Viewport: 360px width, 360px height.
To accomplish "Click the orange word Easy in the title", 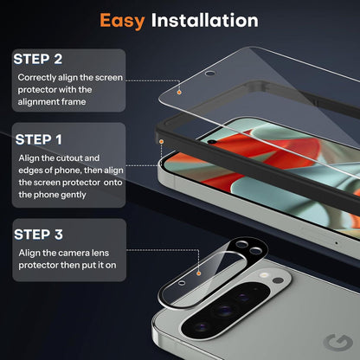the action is (122, 22).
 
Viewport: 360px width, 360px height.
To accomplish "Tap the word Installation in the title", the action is (205, 20).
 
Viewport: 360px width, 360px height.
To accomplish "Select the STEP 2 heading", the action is (38, 59).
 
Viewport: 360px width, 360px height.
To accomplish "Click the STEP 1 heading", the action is (39, 139).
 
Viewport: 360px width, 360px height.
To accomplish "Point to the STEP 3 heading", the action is (38, 235).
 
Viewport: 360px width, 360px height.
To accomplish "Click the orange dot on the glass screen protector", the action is (179, 93).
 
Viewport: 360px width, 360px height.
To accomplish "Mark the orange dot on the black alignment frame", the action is (162, 142).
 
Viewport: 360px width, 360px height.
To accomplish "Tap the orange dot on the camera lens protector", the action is (198, 273).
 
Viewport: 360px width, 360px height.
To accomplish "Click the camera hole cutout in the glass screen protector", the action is (210, 74).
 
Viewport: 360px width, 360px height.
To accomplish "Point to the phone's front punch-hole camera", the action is (212, 142).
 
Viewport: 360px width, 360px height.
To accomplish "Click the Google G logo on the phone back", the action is (338, 343).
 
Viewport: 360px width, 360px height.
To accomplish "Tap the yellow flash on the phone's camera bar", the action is (263, 275).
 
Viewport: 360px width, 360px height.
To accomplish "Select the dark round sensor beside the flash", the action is (278, 280).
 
